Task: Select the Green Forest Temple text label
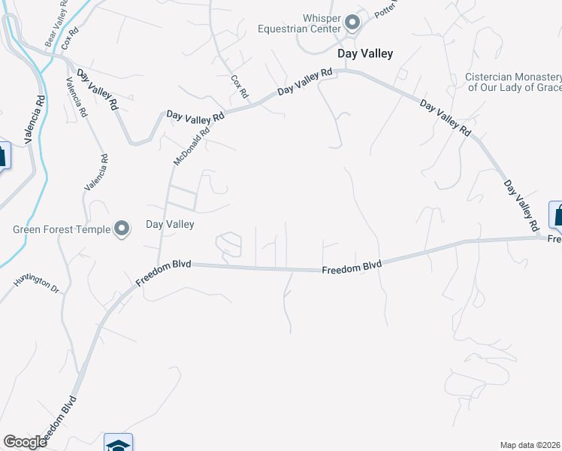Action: [x=62, y=230]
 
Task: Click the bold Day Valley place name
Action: [x=365, y=53]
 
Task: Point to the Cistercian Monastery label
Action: [x=514, y=82]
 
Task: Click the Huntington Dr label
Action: [x=36, y=284]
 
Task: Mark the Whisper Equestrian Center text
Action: [x=333, y=23]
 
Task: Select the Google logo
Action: [x=25, y=442]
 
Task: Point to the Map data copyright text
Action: [x=530, y=445]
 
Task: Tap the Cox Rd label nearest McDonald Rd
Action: [x=240, y=86]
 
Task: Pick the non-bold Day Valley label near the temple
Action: [x=169, y=224]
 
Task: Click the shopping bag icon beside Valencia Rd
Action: [x=2, y=156]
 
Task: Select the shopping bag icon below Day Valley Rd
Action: [x=557, y=215]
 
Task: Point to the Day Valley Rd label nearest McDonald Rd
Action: [x=195, y=117]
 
